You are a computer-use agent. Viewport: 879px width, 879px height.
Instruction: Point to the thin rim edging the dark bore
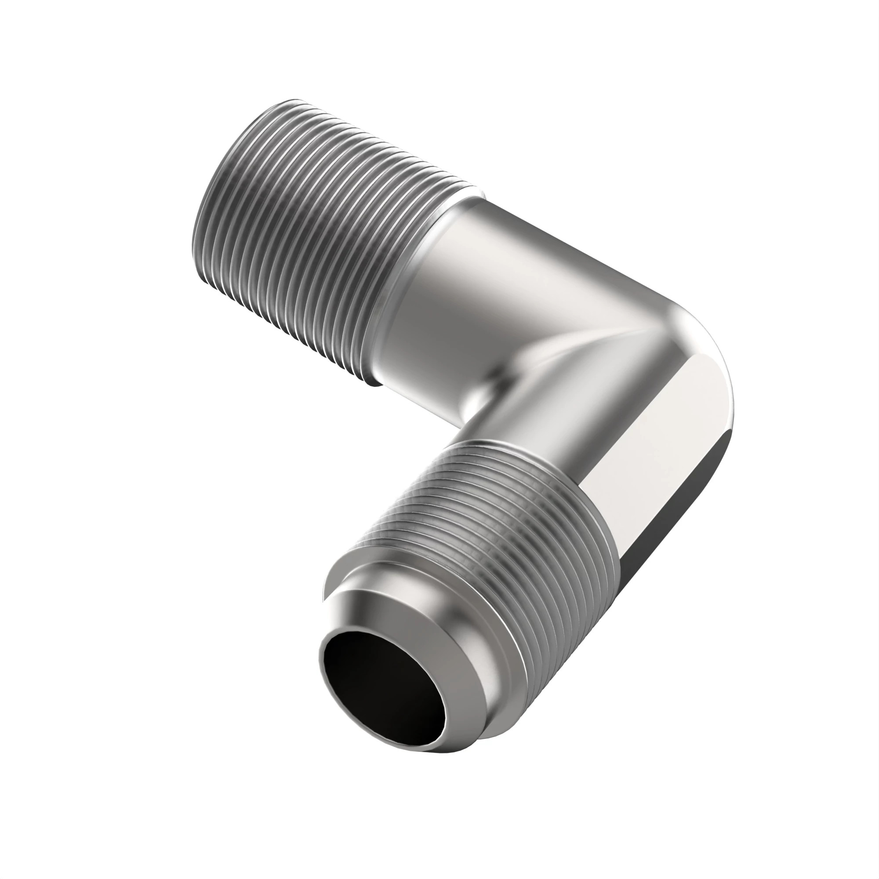pyautogui.click(x=443, y=710)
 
